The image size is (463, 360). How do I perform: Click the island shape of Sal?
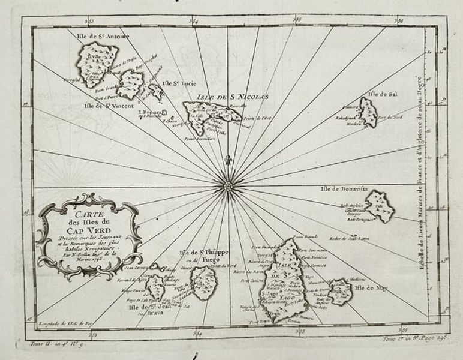click(x=368, y=112)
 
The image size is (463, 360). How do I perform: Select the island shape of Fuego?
click(x=204, y=283)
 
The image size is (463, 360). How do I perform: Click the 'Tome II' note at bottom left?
click(x=50, y=344)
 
